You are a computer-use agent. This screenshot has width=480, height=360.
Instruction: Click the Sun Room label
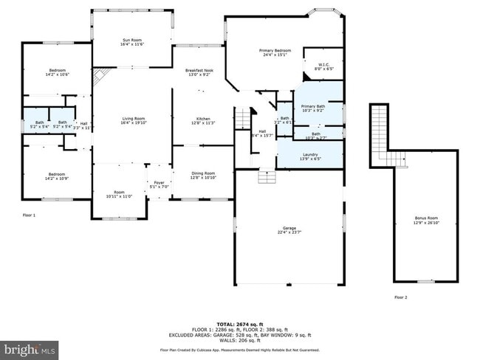[131, 42]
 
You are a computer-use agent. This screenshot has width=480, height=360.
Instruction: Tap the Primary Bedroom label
[275, 52]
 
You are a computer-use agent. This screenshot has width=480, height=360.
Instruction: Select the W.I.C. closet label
[323, 66]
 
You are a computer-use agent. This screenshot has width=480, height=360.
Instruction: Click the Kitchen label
[202, 120]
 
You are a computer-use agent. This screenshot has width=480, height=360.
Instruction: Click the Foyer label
[158, 185]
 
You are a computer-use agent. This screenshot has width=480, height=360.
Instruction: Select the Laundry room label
[309, 156]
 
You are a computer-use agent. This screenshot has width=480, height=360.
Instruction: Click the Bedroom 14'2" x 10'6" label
[57, 72]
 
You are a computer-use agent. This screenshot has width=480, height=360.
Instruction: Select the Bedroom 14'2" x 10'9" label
[57, 176]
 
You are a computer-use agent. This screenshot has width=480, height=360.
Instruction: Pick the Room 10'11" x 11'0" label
[119, 194]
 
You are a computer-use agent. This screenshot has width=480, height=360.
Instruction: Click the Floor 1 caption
[29, 215]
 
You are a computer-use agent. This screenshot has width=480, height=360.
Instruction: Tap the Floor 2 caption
[400, 297]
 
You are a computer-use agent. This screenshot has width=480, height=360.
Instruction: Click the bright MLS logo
[30, 347]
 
